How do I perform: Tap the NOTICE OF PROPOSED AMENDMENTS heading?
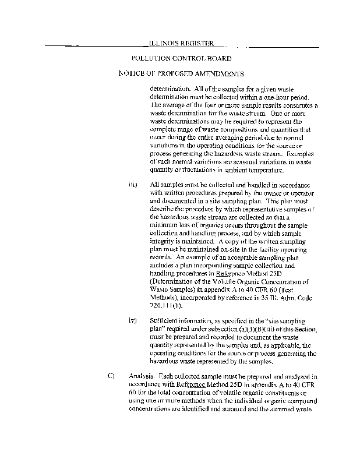click(x=181, y=74)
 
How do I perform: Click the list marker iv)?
click(x=132, y=320)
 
